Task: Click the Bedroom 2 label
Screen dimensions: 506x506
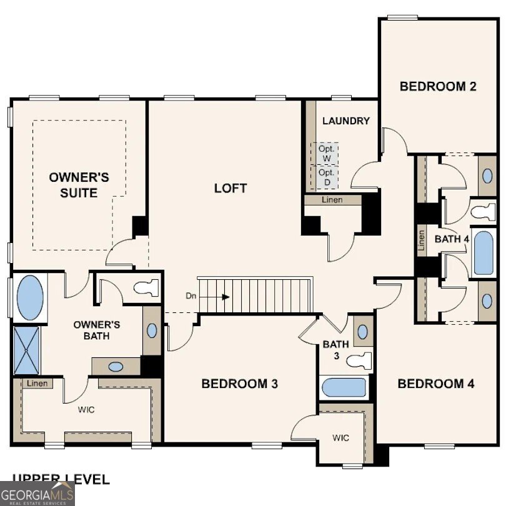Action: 438,86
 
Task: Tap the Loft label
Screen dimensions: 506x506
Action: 231,187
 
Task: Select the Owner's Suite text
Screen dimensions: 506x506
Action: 79,185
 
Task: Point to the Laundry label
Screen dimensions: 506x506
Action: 345,121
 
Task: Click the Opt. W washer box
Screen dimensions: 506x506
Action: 326,153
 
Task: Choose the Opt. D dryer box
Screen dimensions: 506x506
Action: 326,176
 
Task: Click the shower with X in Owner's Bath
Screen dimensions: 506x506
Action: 26,350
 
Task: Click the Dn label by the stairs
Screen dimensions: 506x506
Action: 192,295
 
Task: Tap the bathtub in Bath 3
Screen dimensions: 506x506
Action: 344,388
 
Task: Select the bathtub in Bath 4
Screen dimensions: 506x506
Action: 484,253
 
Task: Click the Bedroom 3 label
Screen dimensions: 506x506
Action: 239,384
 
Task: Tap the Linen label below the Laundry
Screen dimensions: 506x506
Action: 332,200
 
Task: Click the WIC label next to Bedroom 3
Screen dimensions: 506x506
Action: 340,437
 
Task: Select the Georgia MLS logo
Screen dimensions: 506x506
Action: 37,494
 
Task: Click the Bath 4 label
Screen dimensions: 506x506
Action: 452,239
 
